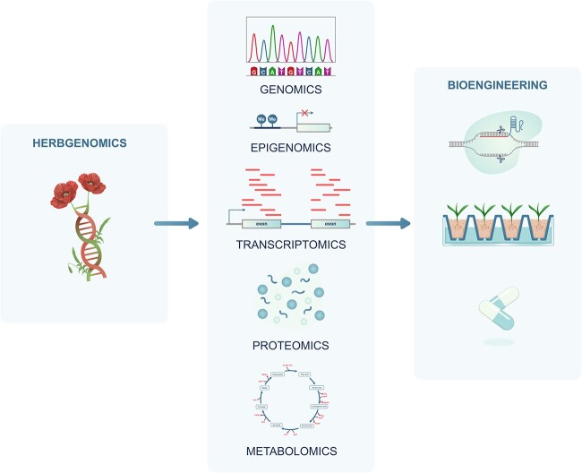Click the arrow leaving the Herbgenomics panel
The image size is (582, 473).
[176, 223]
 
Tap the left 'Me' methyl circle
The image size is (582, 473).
[261, 118]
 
